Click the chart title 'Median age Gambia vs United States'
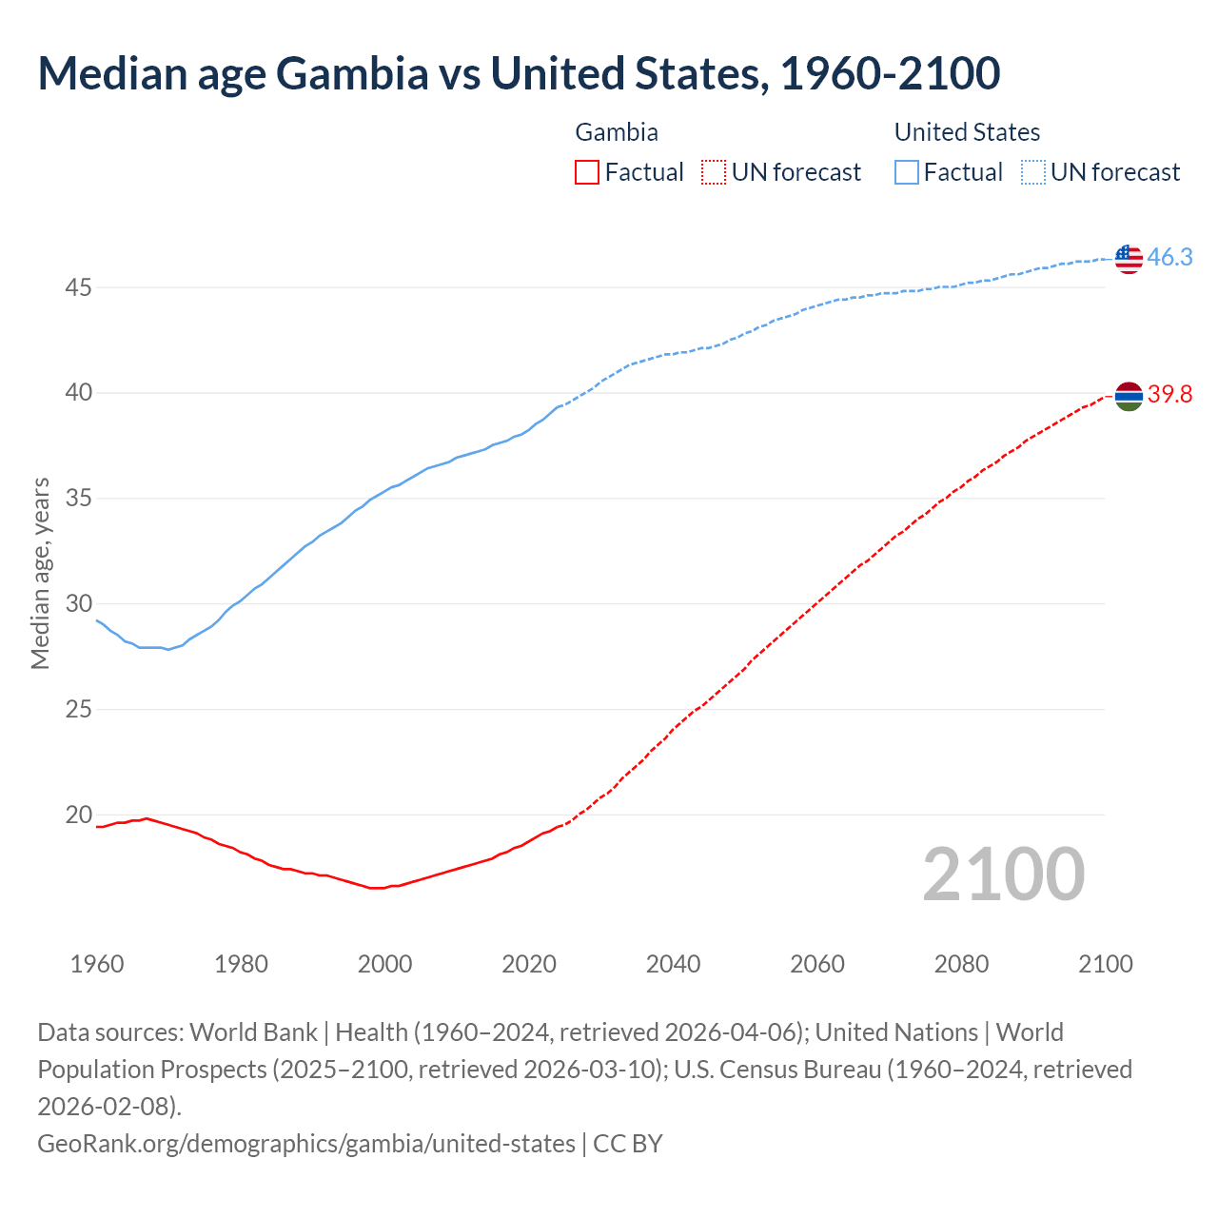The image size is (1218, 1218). pos(519,74)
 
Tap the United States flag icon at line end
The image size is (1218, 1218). pos(1128,258)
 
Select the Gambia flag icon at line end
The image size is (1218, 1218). pos(1128,395)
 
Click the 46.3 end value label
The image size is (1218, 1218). pos(1169,258)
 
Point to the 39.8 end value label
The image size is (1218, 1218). pos(1169,395)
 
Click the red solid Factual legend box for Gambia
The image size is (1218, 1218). pos(587,172)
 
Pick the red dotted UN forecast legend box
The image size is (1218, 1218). pos(713,172)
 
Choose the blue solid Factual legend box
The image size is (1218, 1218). pos(907,172)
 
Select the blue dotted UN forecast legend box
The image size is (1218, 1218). pos(1032,172)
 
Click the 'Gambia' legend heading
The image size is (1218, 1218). pos(617,132)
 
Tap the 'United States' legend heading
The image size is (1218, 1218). pos(967,132)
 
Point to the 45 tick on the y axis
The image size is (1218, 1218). pos(78,287)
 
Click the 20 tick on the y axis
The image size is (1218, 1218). pos(78,815)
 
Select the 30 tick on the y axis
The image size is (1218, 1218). pos(78,604)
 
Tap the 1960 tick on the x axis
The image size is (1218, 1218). pos(97,964)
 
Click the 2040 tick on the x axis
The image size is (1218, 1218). pos(673,964)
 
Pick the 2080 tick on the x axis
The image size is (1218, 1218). pos(961,964)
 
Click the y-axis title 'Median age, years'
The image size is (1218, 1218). pos(40,574)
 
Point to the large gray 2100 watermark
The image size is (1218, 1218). pos(1003,874)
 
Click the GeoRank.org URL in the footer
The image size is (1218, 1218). pos(306,1143)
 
